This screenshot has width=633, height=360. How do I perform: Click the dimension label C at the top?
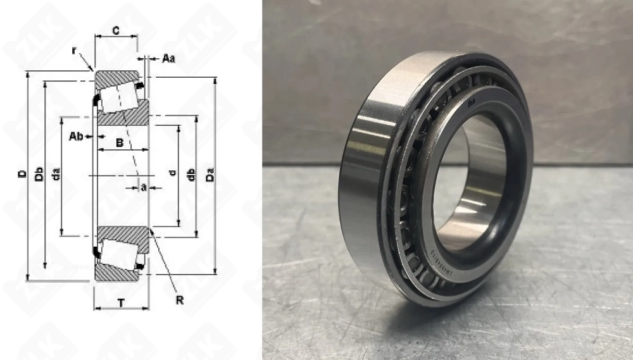[x=116, y=30]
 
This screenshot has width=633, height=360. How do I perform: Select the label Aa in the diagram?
[x=168, y=58]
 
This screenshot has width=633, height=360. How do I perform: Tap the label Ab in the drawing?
[x=75, y=136]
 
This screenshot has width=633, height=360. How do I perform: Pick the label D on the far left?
[x=22, y=174]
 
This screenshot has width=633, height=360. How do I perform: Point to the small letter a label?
[x=144, y=187]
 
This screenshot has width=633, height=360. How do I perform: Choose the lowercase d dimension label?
[x=172, y=174]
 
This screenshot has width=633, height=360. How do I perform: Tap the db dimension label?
[x=191, y=175]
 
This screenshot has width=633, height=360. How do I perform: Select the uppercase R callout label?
[x=180, y=299]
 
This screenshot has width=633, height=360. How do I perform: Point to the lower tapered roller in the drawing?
[x=118, y=254]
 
